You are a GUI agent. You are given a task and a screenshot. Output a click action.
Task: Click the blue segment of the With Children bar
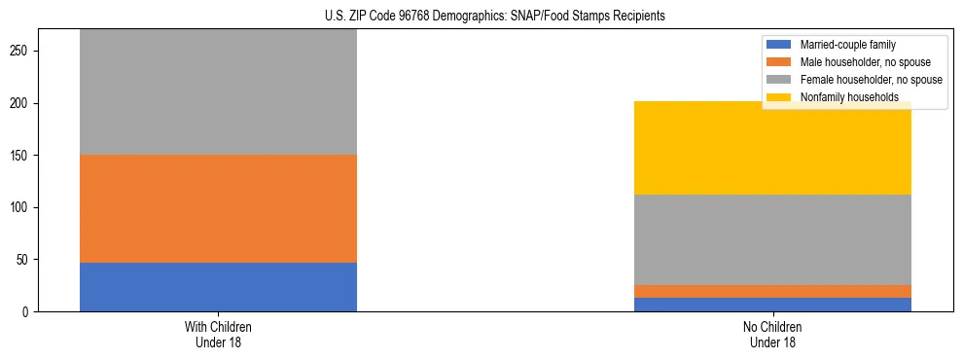pyautogui.click(x=218, y=287)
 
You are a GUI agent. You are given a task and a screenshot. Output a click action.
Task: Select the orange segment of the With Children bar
pyautogui.click(x=218, y=208)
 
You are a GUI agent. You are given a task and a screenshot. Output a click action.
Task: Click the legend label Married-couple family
pyautogui.click(x=847, y=45)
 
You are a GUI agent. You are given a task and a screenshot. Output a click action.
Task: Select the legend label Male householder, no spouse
pyautogui.click(x=864, y=62)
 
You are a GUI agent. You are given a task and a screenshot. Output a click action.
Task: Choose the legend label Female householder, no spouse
pyautogui.click(x=871, y=80)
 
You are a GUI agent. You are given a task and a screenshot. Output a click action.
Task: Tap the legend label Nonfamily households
pyautogui.click(x=842, y=97)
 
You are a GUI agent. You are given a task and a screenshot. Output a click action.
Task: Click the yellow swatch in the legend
pyautogui.click(x=779, y=97)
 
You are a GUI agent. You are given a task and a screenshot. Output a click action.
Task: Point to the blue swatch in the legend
pyautogui.click(x=779, y=45)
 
